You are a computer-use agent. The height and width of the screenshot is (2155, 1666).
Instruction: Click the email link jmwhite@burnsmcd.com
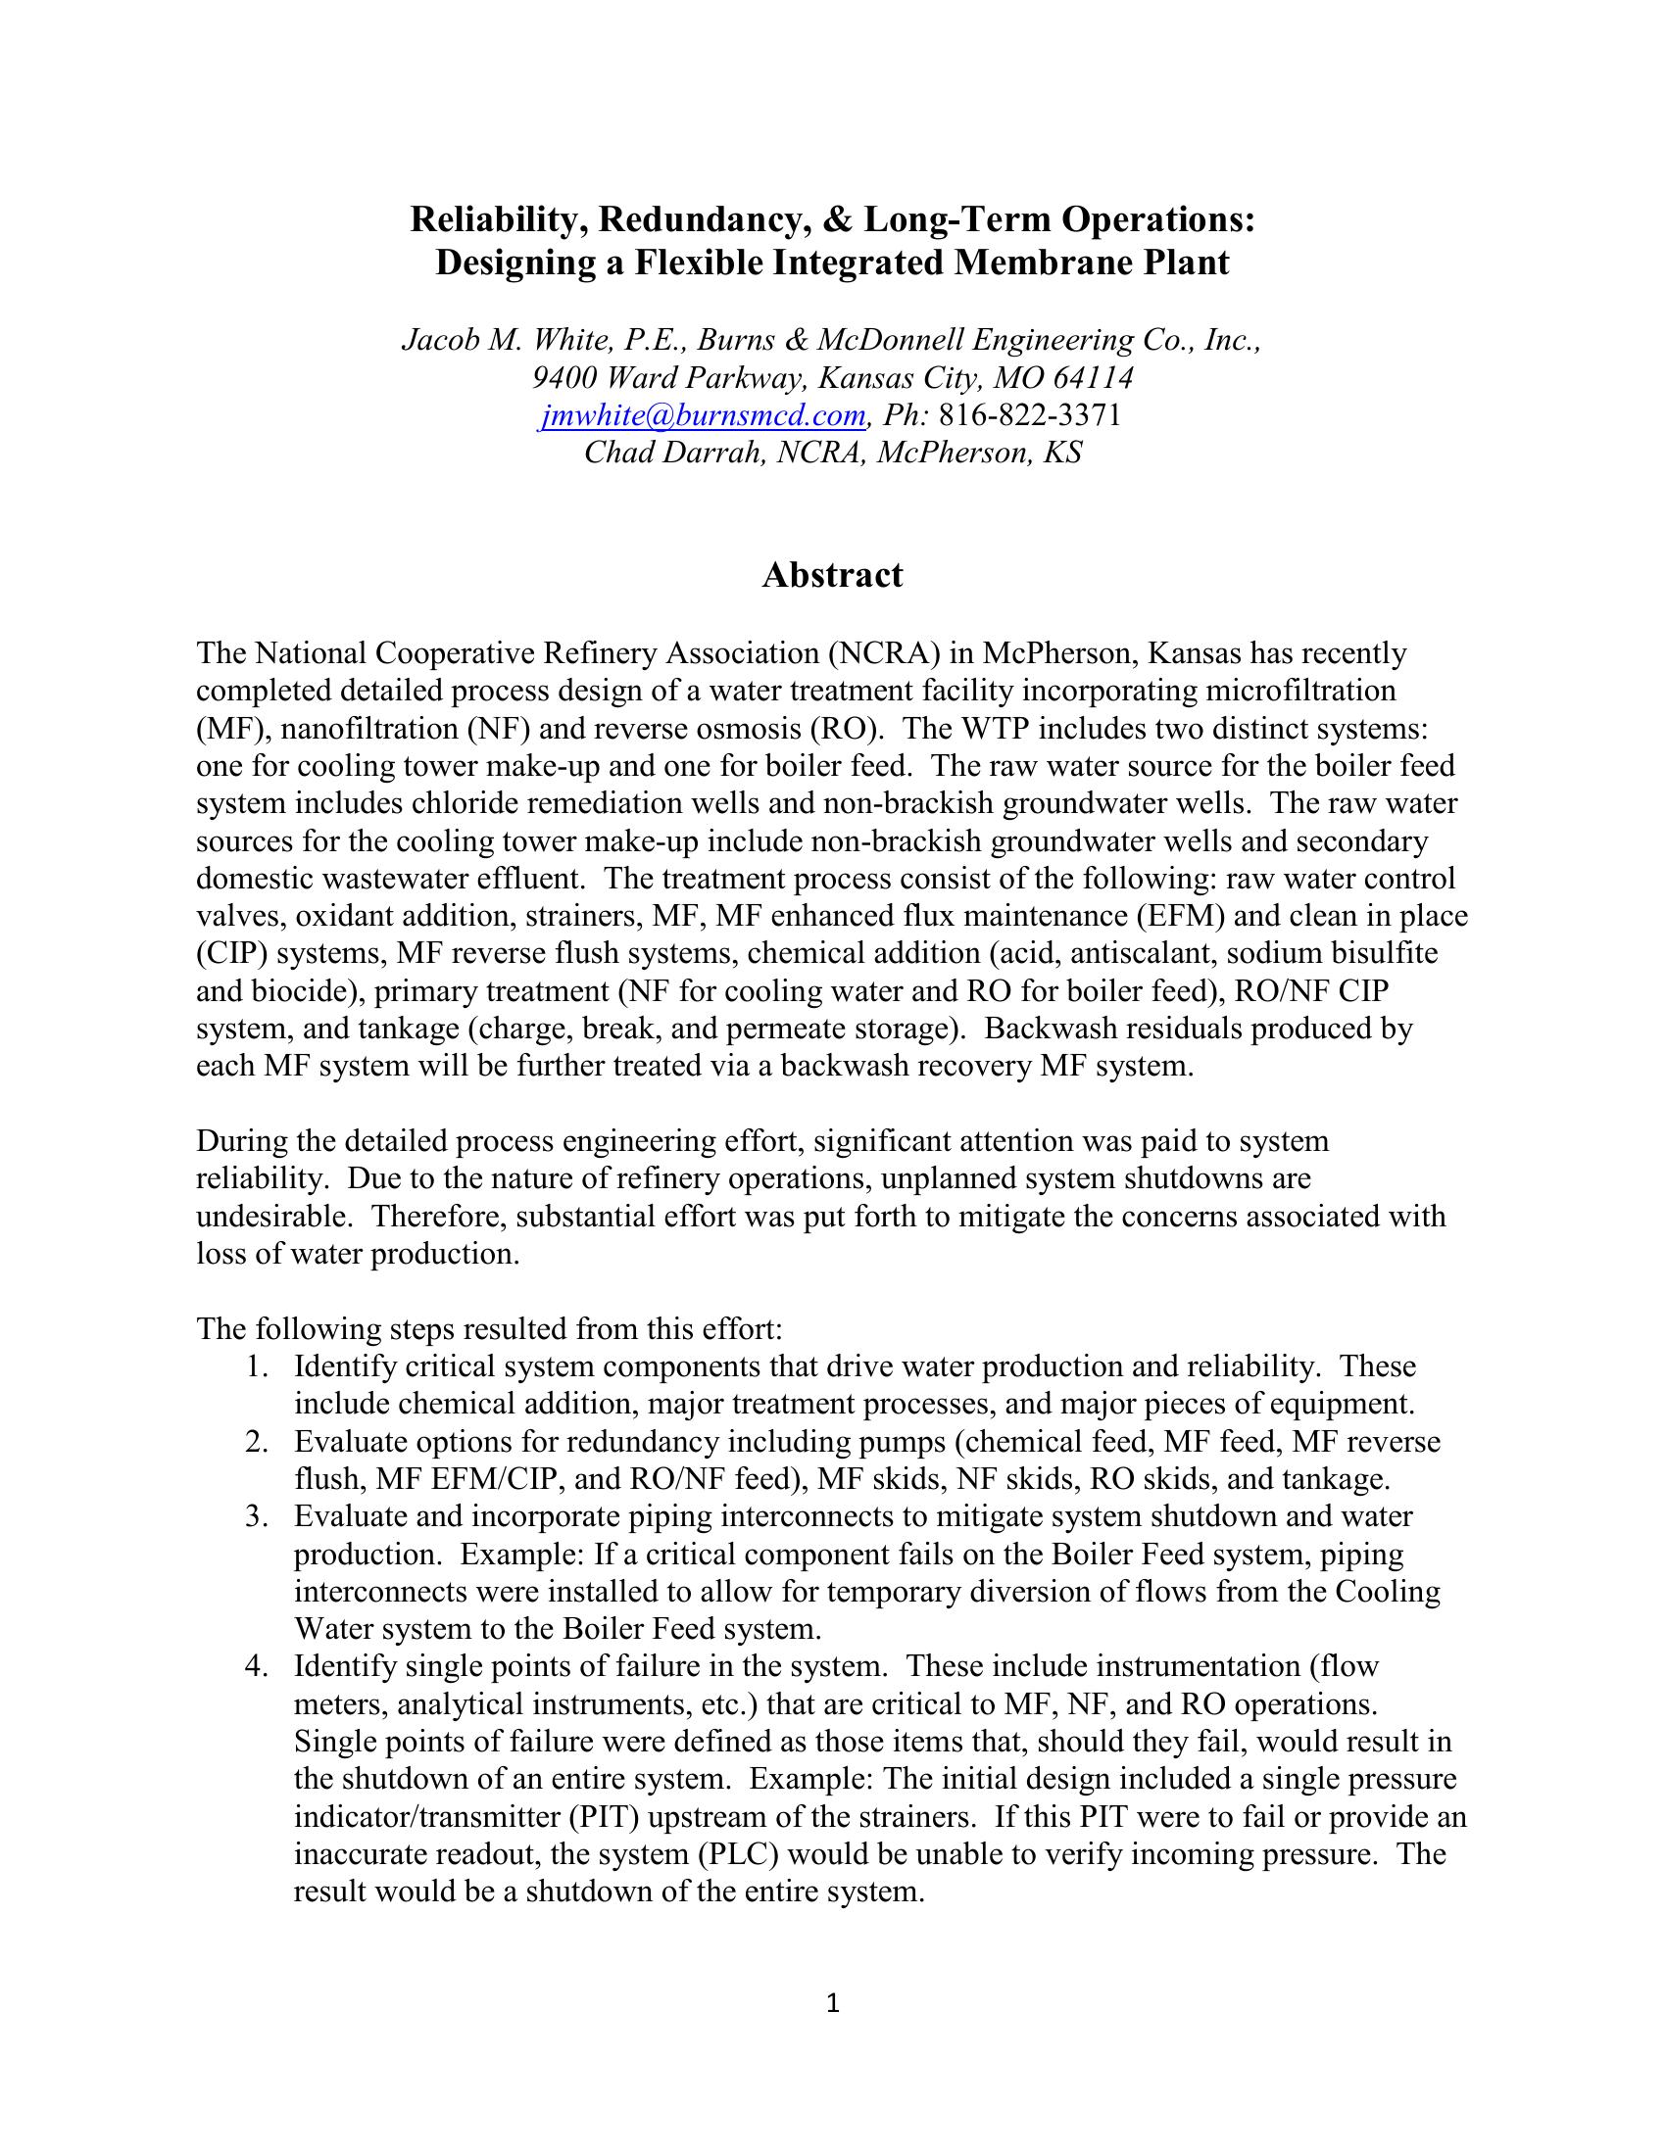704,415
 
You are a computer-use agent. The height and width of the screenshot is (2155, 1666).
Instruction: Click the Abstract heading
832,574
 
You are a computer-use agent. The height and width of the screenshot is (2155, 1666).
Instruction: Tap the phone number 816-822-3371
1029,415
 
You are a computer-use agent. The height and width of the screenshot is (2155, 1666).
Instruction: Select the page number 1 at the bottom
832,2002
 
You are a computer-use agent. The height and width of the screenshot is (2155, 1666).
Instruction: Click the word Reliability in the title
493,219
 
